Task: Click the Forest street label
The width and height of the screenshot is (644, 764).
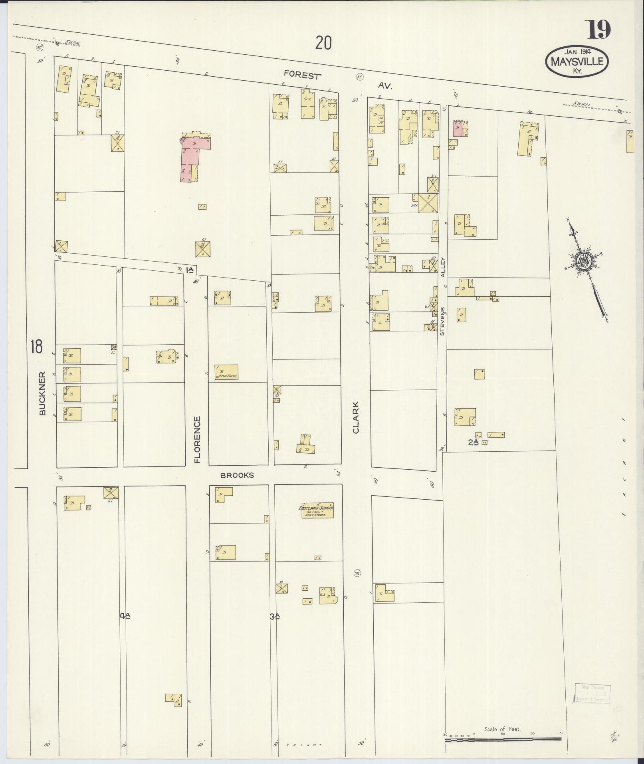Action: pos(302,75)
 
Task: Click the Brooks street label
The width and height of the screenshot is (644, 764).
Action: pos(237,475)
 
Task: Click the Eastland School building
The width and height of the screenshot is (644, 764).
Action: pos(318,511)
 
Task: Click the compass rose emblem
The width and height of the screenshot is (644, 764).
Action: pos(585,262)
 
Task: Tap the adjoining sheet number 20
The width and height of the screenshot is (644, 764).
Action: pos(323,43)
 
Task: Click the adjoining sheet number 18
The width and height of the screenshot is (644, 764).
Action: pos(36,346)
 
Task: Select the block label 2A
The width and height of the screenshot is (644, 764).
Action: pos(473,442)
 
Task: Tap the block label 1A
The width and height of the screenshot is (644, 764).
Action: pos(190,271)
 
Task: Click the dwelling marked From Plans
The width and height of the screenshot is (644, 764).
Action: pos(226,372)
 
